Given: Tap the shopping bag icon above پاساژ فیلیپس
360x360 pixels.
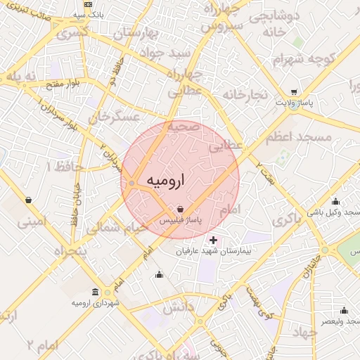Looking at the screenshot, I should [x=181, y=209].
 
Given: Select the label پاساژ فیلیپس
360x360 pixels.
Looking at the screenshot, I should [x=181, y=221].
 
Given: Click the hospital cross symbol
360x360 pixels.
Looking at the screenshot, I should [x=214, y=240].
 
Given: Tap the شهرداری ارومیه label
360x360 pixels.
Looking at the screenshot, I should [x=96, y=302].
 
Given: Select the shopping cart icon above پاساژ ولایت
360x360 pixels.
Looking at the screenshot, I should [x=293, y=92].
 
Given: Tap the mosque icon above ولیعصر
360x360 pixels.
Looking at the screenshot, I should [x=344, y=310].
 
